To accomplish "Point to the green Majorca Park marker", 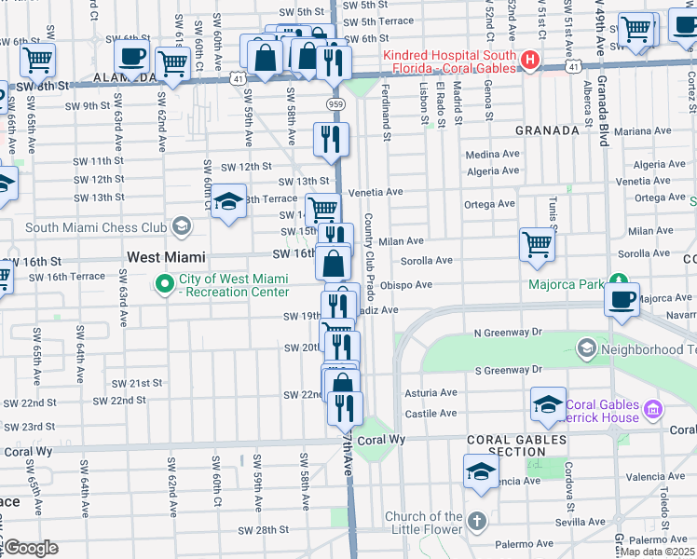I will click(617, 279).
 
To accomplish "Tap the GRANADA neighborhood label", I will click(547, 131).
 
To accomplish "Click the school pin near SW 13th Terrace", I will click(228, 201).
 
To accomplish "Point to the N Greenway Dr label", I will click(508, 332).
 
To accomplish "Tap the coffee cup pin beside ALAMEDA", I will click(131, 55).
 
